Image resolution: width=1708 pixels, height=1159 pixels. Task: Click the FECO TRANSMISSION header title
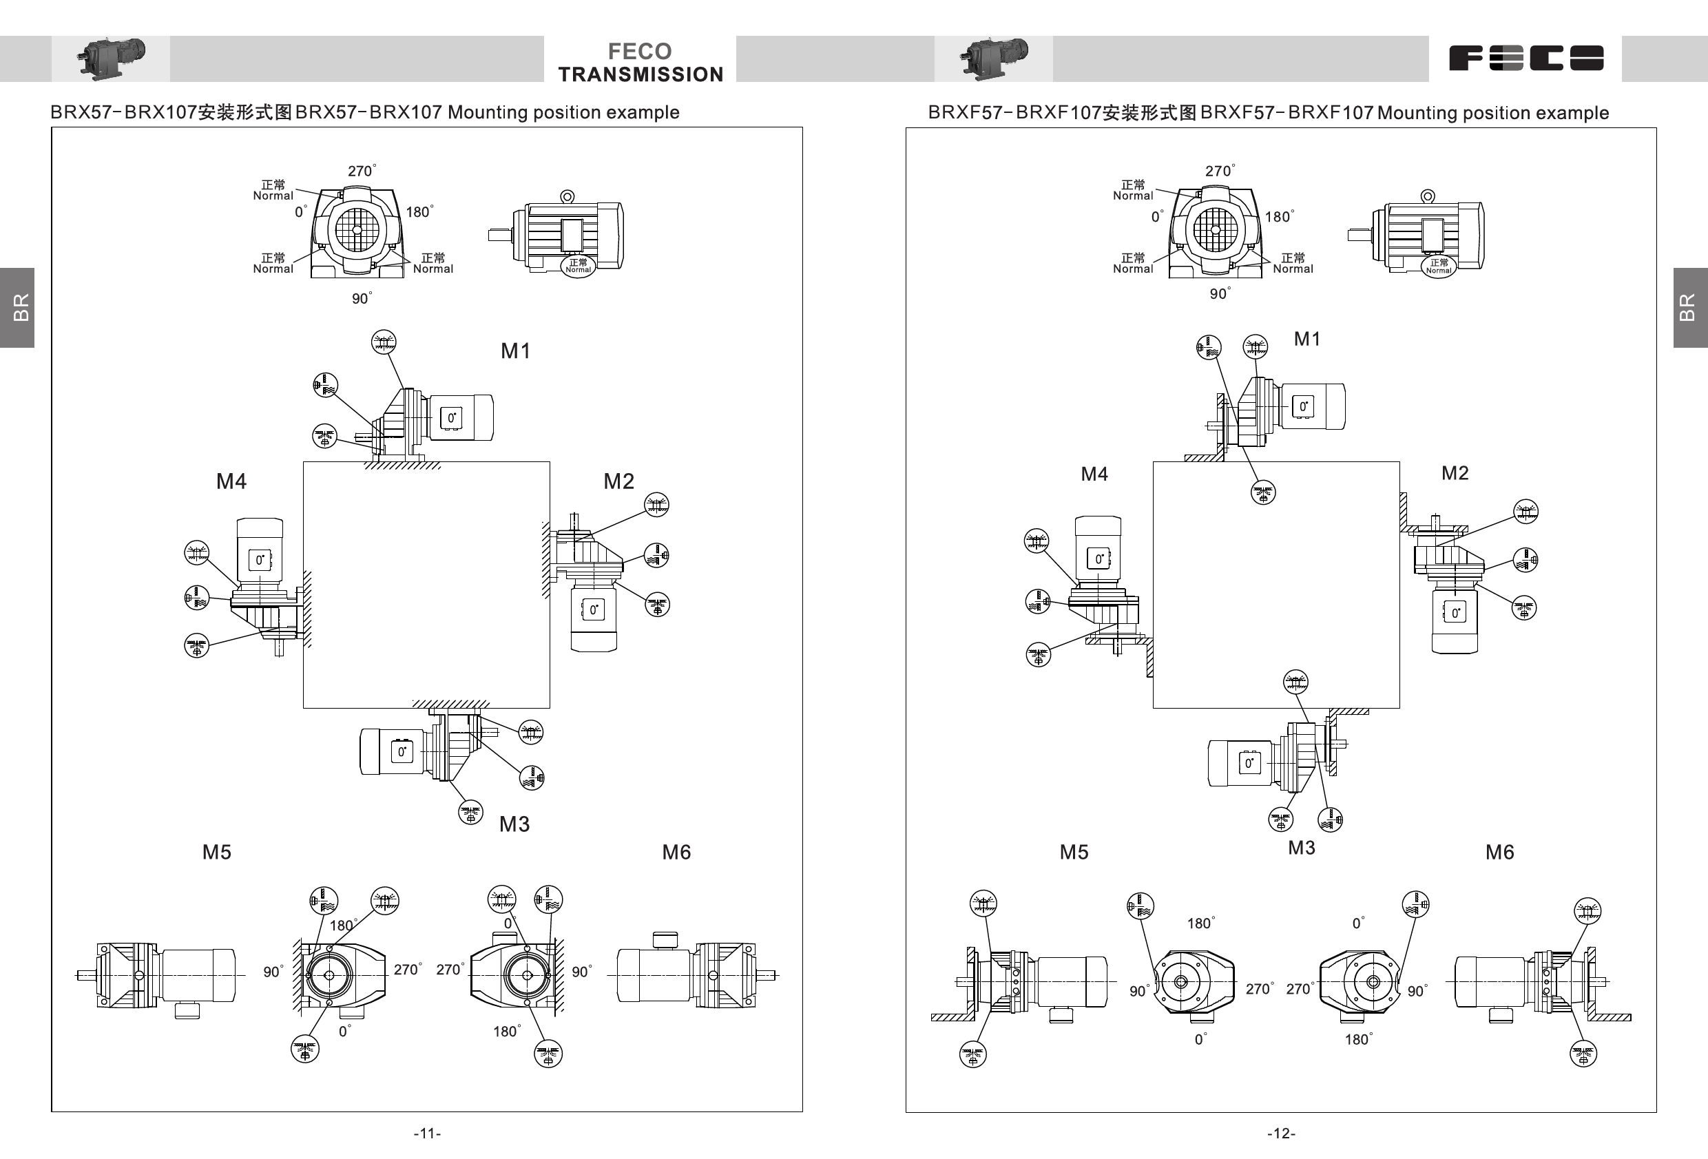point(640,63)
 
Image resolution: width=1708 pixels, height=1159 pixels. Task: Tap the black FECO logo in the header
point(1525,58)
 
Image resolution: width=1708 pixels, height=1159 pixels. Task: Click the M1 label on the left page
point(515,351)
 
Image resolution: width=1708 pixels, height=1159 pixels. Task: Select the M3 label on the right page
point(1302,848)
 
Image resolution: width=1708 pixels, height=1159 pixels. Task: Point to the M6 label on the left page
point(676,853)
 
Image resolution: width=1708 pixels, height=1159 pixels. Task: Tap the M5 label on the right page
point(1074,853)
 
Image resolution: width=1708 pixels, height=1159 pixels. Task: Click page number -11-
point(427,1134)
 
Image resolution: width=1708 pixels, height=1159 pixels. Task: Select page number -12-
point(1281,1134)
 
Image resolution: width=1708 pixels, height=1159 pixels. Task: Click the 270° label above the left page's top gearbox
point(361,171)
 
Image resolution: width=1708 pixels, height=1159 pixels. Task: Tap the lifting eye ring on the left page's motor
point(567,196)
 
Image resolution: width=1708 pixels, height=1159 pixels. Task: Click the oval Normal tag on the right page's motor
point(1438,266)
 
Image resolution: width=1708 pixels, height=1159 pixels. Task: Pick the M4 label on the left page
point(231,481)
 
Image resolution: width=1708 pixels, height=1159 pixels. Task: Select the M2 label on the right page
point(1455,473)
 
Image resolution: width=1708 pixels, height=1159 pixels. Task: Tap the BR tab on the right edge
point(1689,307)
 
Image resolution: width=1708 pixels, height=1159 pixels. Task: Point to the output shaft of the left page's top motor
point(500,236)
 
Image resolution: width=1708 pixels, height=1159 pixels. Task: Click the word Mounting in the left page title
point(488,112)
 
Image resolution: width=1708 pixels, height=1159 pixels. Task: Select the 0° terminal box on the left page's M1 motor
point(451,418)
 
